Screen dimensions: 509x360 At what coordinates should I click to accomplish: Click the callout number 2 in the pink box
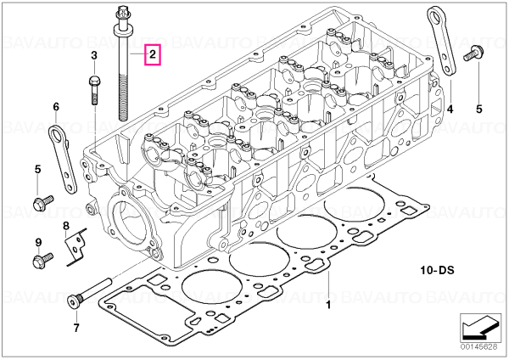tap(153, 54)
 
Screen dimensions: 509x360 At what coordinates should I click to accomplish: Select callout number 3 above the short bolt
tap(94, 55)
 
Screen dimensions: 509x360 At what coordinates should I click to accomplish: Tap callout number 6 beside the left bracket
tap(56, 107)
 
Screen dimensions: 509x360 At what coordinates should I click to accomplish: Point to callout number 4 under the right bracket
tap(450, 110)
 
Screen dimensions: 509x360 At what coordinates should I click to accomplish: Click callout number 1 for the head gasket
tap(328, 305)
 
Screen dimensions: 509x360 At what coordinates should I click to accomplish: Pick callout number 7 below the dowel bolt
tap(76, 328)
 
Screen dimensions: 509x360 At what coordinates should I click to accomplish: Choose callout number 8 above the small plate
tap(66, 225)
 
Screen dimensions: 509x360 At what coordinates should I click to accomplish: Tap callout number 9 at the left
tap(38, 242)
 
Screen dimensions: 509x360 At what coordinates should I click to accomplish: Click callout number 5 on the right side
tap(479, 110)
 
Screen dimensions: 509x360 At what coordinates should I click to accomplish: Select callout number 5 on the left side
tap(38, 169)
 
